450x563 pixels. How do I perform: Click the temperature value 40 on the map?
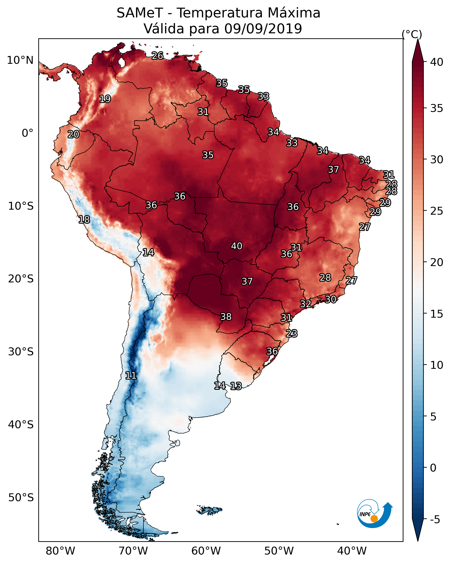point(237,246)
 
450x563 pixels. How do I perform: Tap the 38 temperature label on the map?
point(226,317)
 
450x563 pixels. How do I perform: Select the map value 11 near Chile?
point(131,376)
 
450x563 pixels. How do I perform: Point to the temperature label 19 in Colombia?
point(105,99)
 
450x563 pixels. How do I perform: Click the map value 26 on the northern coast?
point(157,56)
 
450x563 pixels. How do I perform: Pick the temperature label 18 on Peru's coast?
point(84,220)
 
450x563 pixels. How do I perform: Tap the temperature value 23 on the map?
point(292,334)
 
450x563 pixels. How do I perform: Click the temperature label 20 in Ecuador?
point(73,135)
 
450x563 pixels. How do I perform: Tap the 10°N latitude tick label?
point(20,60)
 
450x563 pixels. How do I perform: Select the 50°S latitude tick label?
point(21,497)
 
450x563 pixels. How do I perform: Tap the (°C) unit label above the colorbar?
point(412,34)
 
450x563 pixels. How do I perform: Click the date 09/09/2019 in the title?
point(263,29)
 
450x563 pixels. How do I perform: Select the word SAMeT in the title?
point(140,13)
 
